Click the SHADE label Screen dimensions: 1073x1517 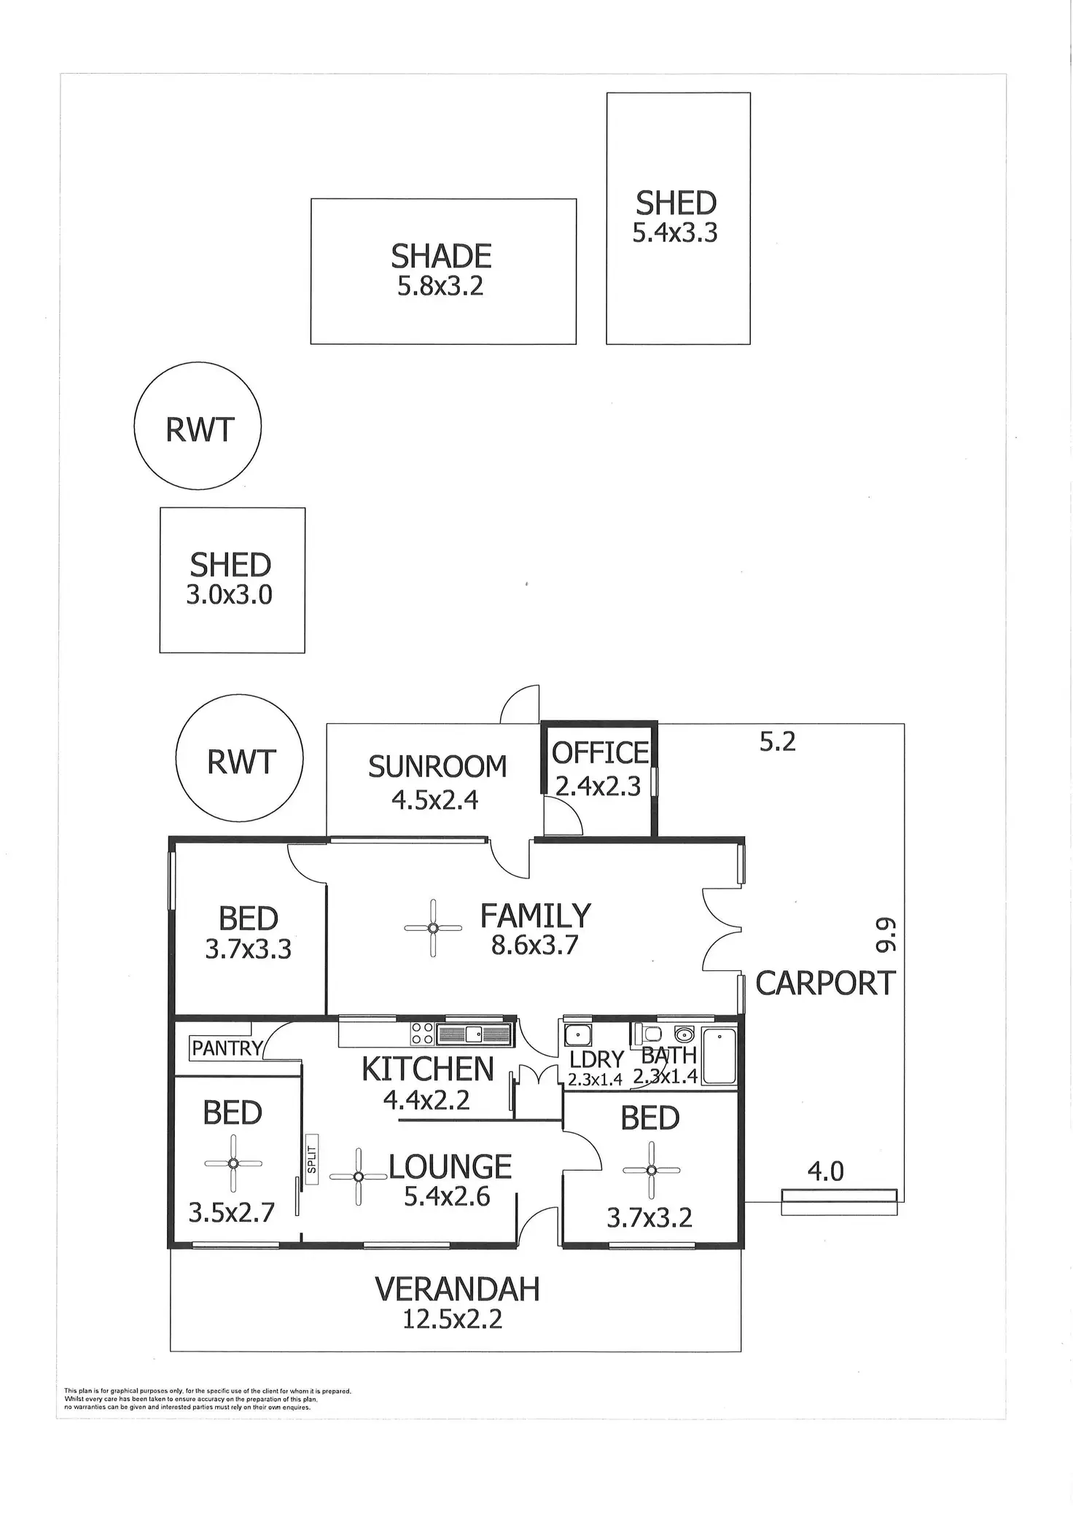pyautogui.click(x=441, y=257)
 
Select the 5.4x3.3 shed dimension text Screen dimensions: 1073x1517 pyautogui.click(x=675, y=233)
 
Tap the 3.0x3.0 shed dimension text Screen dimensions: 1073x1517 pyautogui.click(x=230, y=595)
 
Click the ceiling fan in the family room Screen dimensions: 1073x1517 pyautogui.click(x=433, y=928)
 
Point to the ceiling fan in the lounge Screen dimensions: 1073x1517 pyautogui.click(x=358, y=1177)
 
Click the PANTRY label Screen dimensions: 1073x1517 pyautogui.click(x=227, y=1048)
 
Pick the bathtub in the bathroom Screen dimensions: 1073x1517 pyautogui.click(x=719, y=1056)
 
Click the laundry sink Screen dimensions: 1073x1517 pyautogui.click(x=577, y=1034)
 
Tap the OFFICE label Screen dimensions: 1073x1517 pyautogui.click(x=600, y=753)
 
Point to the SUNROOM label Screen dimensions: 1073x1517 pyautogui.click(x=437, y=767)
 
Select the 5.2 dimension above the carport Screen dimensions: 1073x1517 pyautogui.click(x=778, y=742)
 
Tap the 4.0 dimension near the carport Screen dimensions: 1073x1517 pyautogui.click(x=826, y=1171)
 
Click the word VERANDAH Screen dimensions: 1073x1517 pyautogui.click(x=457, y=1290)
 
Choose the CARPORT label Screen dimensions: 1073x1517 pyautogui.click(x=825, y=983)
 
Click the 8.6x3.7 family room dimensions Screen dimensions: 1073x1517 pyautogui.click(x=535, y=945)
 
